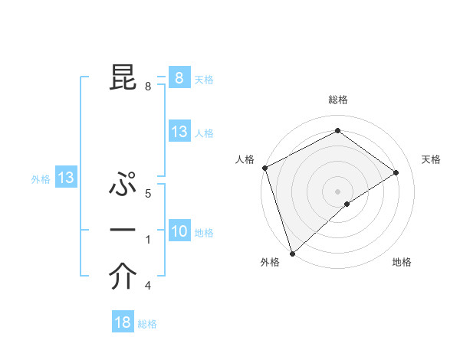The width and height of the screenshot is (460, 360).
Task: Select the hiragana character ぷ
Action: (123, 185)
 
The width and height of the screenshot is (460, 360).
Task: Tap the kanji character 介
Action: (123, 277)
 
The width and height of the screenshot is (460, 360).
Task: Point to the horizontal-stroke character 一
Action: (123, 231)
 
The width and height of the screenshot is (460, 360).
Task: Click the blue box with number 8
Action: (179, 77)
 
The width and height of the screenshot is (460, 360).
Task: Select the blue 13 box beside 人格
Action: (179, 131)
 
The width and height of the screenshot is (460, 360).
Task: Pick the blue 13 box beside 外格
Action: (66, 178)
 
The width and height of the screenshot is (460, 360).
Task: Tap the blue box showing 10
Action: (179, 231)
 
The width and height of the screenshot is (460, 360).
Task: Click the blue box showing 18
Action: (123, 322)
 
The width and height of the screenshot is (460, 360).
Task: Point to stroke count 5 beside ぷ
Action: (148, 194)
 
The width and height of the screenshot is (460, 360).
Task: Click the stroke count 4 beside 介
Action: (148, 286)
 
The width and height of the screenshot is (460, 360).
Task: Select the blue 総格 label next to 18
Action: (147, 324)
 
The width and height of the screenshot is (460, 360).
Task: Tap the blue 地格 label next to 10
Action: (204, 233)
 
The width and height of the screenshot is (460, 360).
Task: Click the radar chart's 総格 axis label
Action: (337, 100)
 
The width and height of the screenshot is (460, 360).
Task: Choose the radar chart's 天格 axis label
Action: (432, 159)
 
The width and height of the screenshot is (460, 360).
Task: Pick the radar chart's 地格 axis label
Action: (402, 263)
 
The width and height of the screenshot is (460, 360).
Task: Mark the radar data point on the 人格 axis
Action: (264, 168)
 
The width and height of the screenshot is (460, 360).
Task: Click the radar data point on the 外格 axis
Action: (292, 253)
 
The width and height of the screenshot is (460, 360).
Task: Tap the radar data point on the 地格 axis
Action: (347, 204)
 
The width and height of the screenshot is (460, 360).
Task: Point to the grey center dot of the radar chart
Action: (337, 191)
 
